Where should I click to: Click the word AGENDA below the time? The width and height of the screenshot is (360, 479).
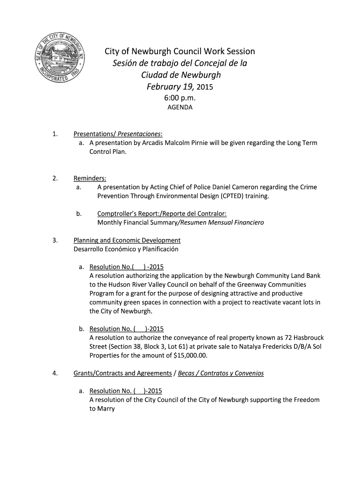tap(180, 107)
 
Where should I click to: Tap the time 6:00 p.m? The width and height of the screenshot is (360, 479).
tap(180, 98)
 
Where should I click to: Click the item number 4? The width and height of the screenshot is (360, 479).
tap(55, 373)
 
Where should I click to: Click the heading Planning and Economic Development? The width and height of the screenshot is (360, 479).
tap(127, 240)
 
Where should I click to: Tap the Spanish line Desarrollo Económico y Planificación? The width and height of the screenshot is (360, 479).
tap(126, 249)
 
